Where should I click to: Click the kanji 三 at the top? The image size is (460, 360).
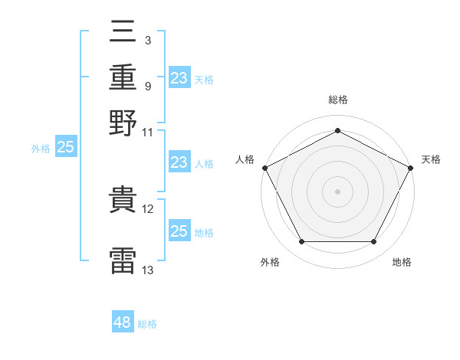123,31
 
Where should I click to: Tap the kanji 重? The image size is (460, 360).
123,77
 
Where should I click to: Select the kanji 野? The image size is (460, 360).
123,123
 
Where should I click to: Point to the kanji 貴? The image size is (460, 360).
123,199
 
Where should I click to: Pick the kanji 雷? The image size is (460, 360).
123,260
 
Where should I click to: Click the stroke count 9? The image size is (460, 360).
148,87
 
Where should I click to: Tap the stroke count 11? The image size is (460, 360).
147,133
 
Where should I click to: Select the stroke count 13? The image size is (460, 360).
147,270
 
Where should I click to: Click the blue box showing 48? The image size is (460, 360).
123,321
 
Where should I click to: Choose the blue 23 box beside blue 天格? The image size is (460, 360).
179,77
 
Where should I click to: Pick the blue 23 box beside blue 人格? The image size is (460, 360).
179,162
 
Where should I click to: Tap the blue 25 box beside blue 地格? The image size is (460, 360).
179,230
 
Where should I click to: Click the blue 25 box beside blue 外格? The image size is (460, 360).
66,146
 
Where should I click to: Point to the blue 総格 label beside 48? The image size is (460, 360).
147,324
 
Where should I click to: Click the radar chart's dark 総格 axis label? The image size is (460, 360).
338,100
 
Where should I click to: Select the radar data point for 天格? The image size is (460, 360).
410,168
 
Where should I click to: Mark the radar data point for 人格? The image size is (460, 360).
265,168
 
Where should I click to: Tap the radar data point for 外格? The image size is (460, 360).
302,241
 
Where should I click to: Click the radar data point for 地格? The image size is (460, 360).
373,241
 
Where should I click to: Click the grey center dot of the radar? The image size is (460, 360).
337,191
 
